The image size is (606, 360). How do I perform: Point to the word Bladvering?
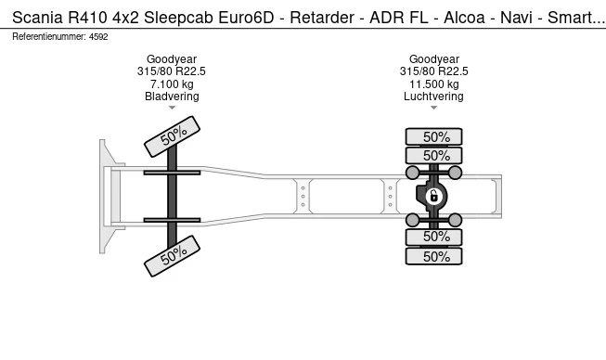click(172, 96)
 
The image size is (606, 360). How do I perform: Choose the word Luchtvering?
click(434, 96)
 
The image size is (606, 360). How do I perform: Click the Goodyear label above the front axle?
click(172, 59)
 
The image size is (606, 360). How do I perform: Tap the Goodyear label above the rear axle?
click(434, 59)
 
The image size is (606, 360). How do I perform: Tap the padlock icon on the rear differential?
click(433, 196)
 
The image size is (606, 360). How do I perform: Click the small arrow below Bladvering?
click(172, 109)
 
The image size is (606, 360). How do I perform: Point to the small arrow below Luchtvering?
click(434, 109)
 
